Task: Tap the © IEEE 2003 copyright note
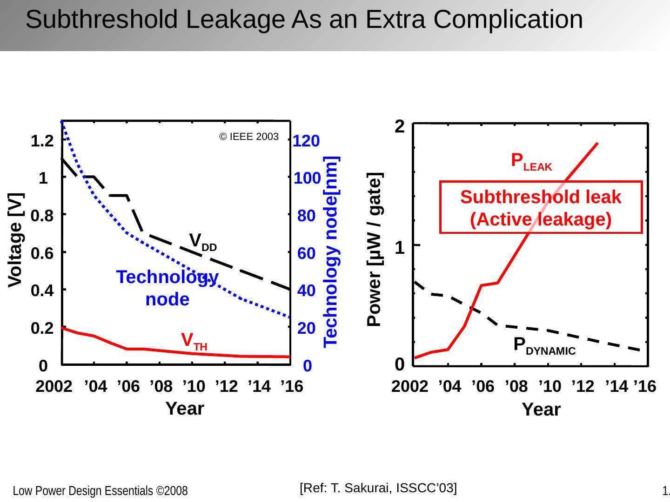[249, 137]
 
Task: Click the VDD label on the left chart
[203, 241]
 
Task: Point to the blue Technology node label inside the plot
[167, 288]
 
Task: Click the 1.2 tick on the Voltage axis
[41, 140]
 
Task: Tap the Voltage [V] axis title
[16, 239]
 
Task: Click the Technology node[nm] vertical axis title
[331, 251]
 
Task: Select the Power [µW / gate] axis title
[375, 249]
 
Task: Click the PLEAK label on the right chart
[531, 161]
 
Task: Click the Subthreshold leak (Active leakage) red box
[541, 207]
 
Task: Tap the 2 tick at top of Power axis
[399, 126]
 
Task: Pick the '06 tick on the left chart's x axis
[128, 386]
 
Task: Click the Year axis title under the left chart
[185, 409]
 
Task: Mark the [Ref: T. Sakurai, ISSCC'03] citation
[378, 488]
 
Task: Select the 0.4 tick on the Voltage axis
[41, 291]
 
